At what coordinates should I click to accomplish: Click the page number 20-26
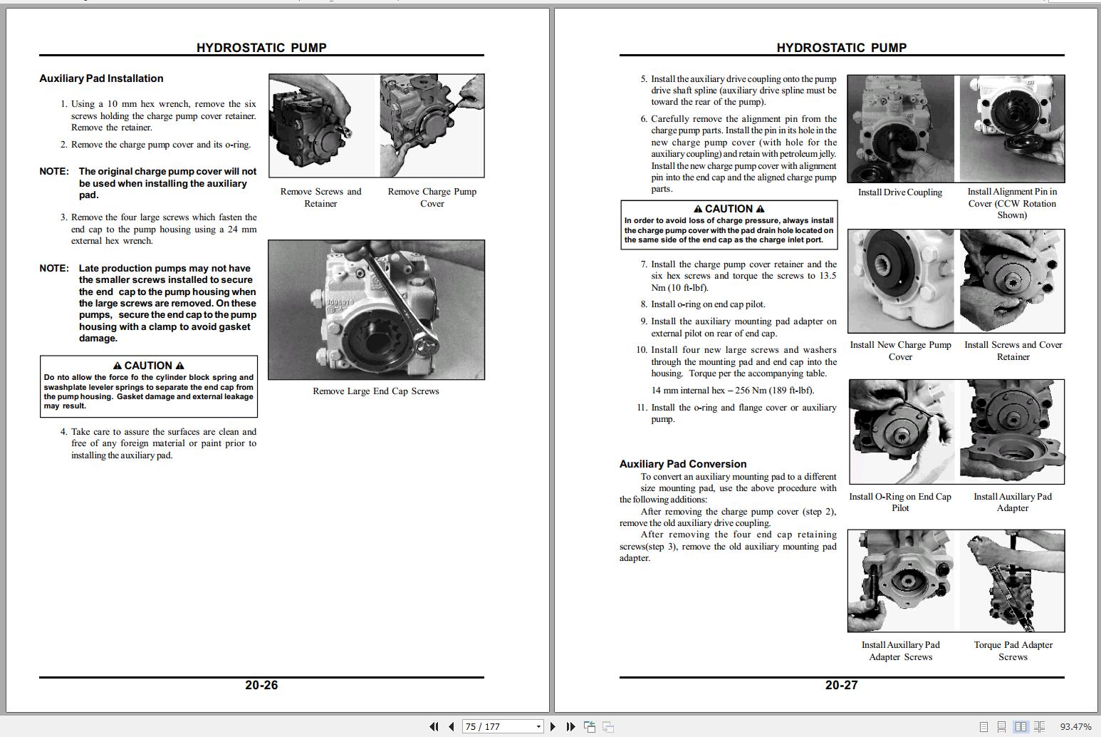pyautogui.click(x=261, y=685)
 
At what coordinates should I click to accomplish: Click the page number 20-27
pyautogui.click(x=841, y=685)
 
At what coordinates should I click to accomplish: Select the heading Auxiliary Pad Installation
pyautogui.click(x=101, y=78)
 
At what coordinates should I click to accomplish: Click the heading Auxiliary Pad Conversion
pyautogui.click(x=682, y=463)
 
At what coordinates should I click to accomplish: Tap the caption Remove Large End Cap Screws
pyautogui.click(x=375, y=391)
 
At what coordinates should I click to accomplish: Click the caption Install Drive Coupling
pyautogui.click(x=899, y=192)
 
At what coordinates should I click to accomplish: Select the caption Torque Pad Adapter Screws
pyautogui.click(x=1013, y=650)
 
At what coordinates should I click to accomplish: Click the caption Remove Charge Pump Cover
pyautogui.click(x=432, y=197)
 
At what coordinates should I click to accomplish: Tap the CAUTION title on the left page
pyautogui.click(x=148, y=365)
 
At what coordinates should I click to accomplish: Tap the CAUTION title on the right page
pyautogui.click(x=729, y=209)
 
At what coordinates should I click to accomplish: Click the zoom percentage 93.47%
pyautogui.click(x=1075, y=726)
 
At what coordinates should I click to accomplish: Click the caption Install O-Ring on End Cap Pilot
pyautogui.click(x=899, y=502)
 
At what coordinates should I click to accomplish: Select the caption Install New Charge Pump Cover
pyautogui.click(x=900, y=350)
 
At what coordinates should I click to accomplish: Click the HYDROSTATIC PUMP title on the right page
pyautogui.click(x=841, y=48)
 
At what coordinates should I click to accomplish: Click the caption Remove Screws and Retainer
pyautogui.click(x=320, y=197)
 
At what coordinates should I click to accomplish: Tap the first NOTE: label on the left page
pyautogui.click(x=54, y=171)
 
